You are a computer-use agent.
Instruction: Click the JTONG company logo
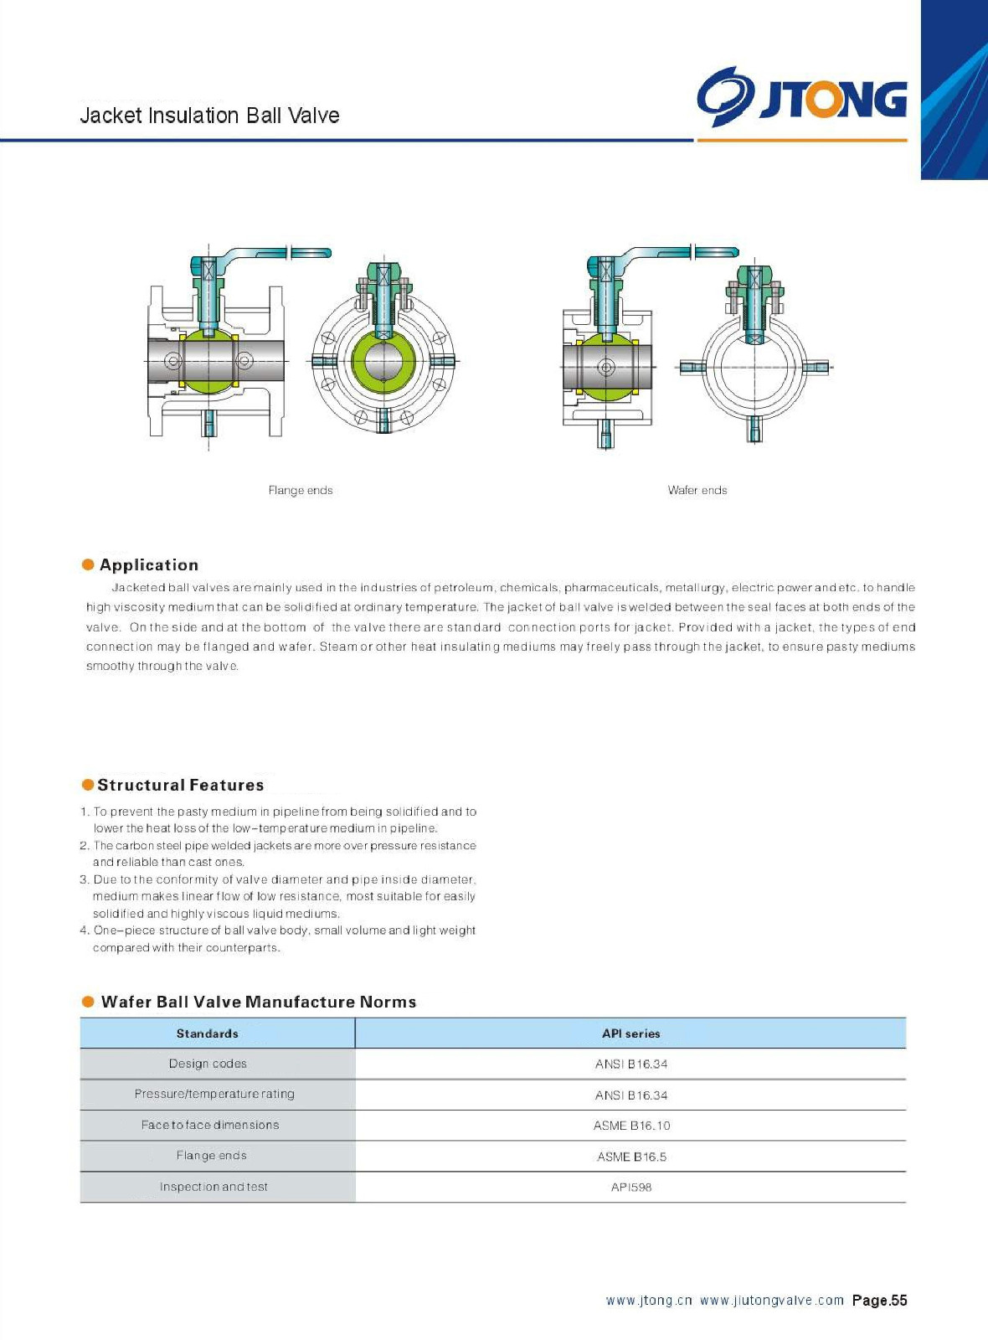[x=801, y=97]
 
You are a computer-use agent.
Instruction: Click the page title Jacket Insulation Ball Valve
[x=209, y=116]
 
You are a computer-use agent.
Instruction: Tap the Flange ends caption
[x=301, y=491]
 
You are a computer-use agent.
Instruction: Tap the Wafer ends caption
[x=697, y=491]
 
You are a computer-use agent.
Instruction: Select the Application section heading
[x=149, y=565]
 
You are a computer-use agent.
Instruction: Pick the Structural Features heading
[x=180, y=786]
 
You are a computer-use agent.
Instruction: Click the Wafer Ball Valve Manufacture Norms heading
[x=258, y=1002]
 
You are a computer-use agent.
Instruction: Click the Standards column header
[x=208, y=1034]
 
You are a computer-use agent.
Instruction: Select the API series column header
[x=631, y=1034]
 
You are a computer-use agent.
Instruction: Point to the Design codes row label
[x=208, y=1064]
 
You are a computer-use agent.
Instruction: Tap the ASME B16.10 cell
[x=631, y=1126]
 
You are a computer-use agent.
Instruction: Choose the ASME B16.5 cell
[x=631, y=1157]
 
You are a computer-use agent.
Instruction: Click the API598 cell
[x=631, y=1188]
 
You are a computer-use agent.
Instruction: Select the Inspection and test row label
[x=214, y=1188]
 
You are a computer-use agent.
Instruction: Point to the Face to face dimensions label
[x=210, y=1126]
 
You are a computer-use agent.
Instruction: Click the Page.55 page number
[x=879, y=1301]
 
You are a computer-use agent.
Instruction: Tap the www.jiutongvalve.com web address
[x=771, y=1301]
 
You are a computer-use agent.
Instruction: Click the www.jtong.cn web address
[x=649, y=1301]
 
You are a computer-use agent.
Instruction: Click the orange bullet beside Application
[x=88, y=564]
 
